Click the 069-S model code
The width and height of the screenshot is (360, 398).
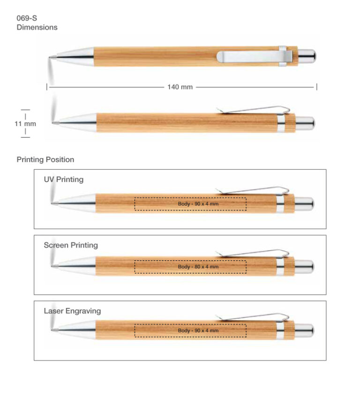pyautogui.click(x=27, y=18)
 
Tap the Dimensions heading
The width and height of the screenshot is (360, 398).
pyautogui.click(x=37, y=27)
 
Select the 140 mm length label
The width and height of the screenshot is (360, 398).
pyautogui.click(x=180, y=87)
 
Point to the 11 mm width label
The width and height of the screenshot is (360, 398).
pyautogui.click(x=25, y=124)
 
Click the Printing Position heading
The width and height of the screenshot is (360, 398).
pyautogui.click(x=45, y=160)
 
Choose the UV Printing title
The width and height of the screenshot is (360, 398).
pyautogui.click(x=64, y=180)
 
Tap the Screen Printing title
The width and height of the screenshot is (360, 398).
pyautogui.click(x=71, y=245)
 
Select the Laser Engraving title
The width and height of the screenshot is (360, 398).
pyautogui.click(x=72, y=311)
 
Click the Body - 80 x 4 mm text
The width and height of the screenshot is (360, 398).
pyautogui.click(x=198, y=267)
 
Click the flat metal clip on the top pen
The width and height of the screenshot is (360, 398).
pyautogui.click(x=255, y=57)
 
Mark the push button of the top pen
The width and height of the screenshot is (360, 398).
pyautogui.click(x=307, y=56)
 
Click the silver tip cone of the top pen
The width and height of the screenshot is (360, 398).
pyautogui.click(x=72, y=57)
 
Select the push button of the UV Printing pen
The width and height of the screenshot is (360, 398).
pyautogui.click(x=304, y=204)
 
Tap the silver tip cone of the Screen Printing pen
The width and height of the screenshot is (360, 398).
pyautogui.click(x=74, y=266)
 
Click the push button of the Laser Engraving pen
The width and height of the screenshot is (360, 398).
pyautogui.click(x=304, y=330)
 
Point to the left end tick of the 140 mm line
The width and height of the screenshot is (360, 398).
pyautogui.click(x=47, y=87)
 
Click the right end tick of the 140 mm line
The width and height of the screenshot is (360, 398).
pyautogui.click(x=316, y=87)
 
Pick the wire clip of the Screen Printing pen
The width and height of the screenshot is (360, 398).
pyautogui.click(x=252, y=253)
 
